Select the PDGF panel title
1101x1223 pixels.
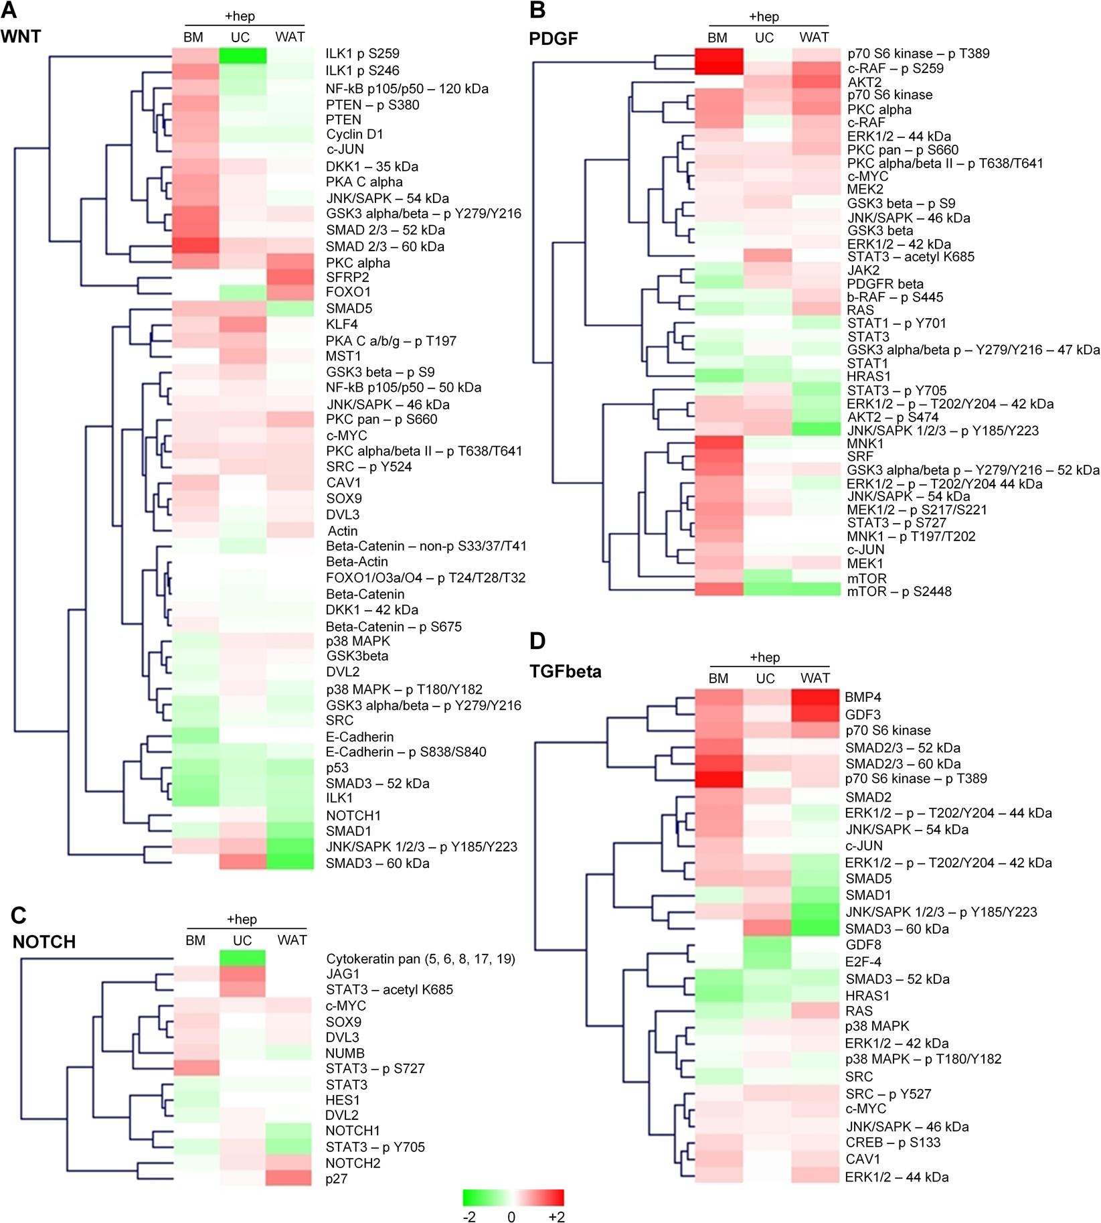553,39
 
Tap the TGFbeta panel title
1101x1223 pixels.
565,671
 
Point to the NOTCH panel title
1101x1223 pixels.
44,942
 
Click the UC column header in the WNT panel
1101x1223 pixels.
240,38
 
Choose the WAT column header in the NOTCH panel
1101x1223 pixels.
292,940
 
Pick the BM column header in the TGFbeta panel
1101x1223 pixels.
718,678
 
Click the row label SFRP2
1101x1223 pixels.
347,277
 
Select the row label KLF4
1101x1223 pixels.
342,325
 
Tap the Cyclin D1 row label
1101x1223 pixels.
355,134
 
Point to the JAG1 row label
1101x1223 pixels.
343,974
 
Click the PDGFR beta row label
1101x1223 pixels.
885,284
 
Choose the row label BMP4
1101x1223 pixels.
863,697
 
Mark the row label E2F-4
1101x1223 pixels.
863,962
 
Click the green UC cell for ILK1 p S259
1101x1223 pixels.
242,55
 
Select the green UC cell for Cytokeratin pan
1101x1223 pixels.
242,958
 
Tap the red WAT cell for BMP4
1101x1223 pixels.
815,697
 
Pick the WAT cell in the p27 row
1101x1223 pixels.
289,1178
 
